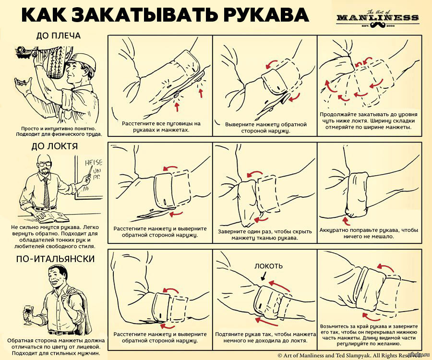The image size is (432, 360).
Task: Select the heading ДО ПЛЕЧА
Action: [58, 36]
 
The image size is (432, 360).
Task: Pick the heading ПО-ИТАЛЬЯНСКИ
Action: [55, 259]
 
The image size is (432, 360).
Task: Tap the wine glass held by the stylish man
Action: [21, 312]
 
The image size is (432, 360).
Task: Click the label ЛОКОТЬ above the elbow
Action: [268, 265]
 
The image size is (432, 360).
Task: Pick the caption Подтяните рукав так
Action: [265, 336]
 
